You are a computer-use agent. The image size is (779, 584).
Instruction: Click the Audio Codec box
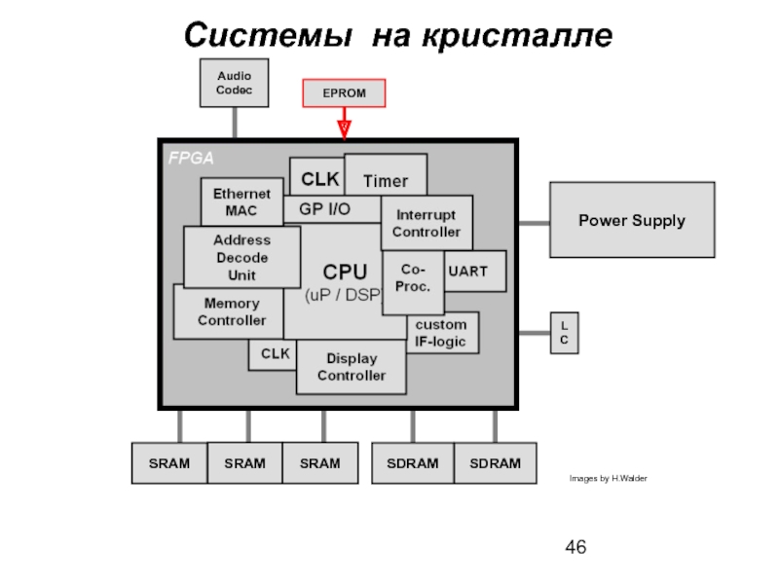click(x=234, y=82)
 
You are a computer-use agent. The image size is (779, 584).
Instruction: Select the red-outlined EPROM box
click(x=345, y=93)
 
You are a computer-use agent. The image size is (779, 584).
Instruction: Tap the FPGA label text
click(x=191, y=158)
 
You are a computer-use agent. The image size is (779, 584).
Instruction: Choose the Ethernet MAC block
click(x=241, y=201)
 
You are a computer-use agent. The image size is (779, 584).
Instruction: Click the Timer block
click(x=386, y=181)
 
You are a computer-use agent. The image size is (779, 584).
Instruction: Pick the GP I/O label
click(x=325, y=208)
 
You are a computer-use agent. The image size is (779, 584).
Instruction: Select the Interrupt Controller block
click(x=426, y=223)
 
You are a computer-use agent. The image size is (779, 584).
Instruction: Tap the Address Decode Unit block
click(x=241, y=257)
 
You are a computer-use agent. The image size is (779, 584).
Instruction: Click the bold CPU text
click(x=345, y=272)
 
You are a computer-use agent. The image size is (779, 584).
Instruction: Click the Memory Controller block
click(x=231, y=311)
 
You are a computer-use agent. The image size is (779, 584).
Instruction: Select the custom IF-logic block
click(x=441, y=333)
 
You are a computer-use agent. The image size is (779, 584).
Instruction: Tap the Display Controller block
click(x=351, y=367)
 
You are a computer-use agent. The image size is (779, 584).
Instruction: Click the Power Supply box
click(x=632, y=220)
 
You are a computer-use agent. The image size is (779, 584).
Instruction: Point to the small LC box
click(x=564, y=333)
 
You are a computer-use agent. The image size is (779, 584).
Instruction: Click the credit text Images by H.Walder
click(x=608, y=479)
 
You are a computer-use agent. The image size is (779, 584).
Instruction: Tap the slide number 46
click(x=575, y=548)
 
